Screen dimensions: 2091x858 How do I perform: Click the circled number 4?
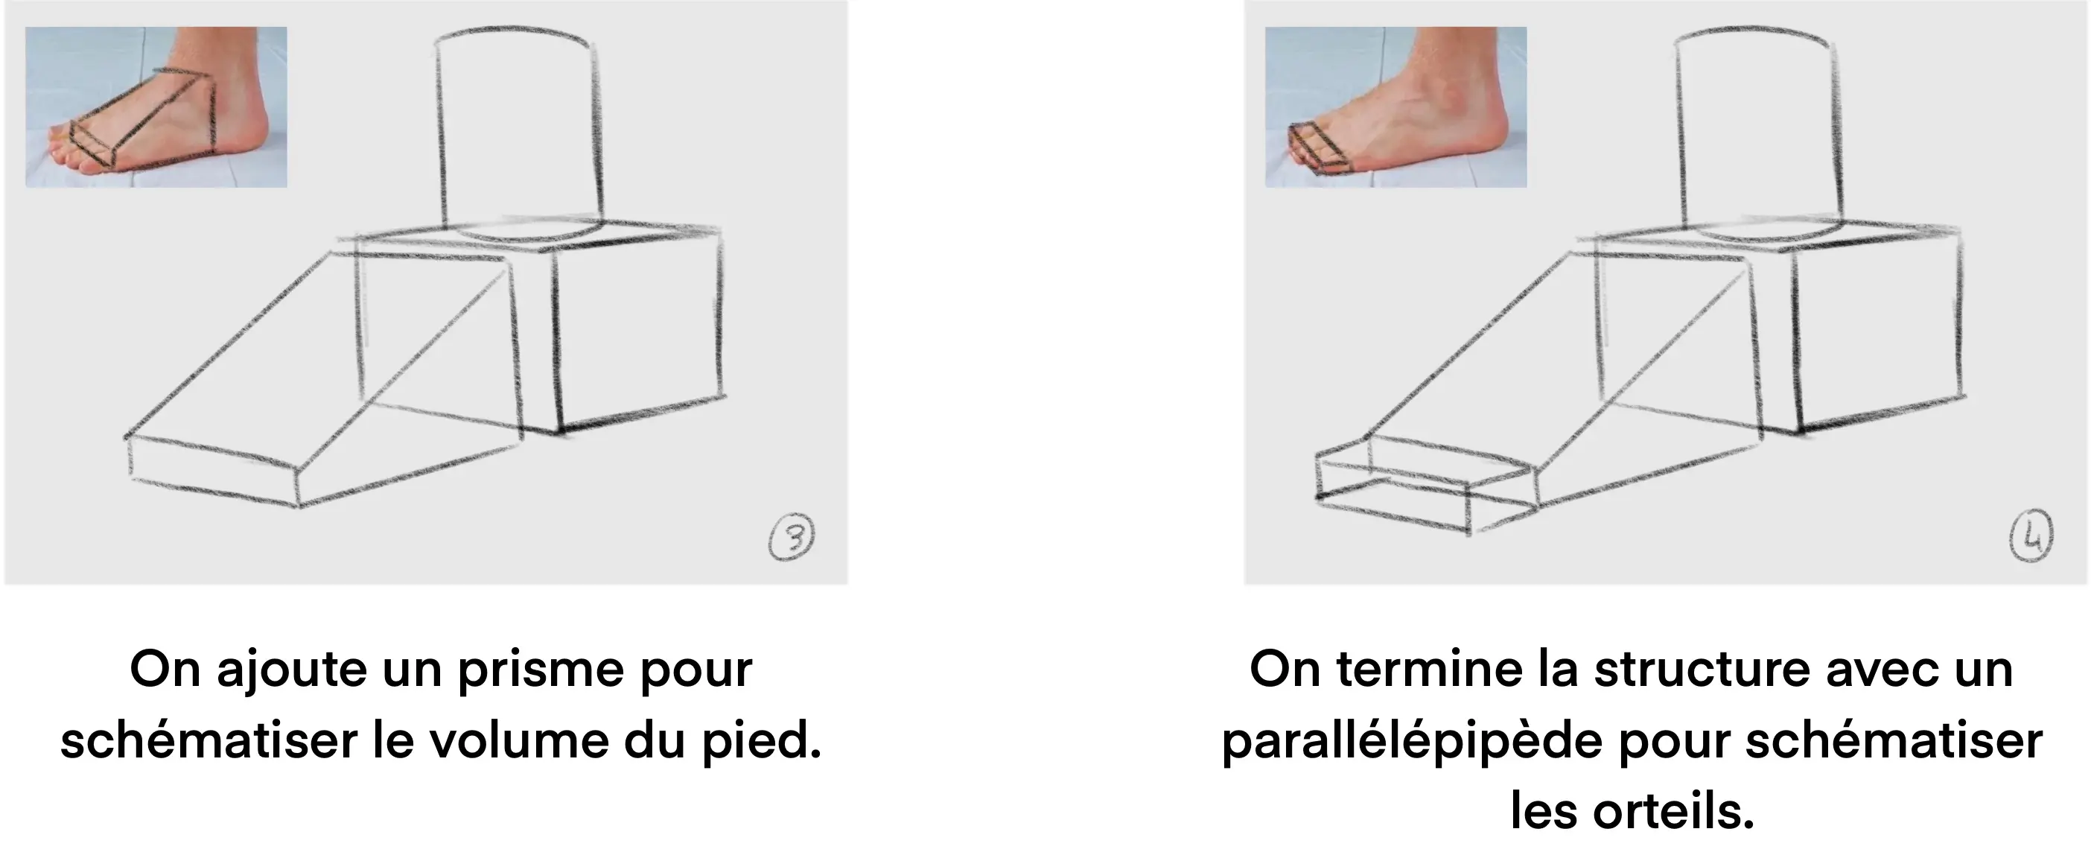pyautogui.click(x=2031, y=538)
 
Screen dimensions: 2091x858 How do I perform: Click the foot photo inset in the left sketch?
pyautogui.click(x=156, y=107)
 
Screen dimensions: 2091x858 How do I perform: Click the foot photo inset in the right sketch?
pyautogui.click(x=1395, y=107)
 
